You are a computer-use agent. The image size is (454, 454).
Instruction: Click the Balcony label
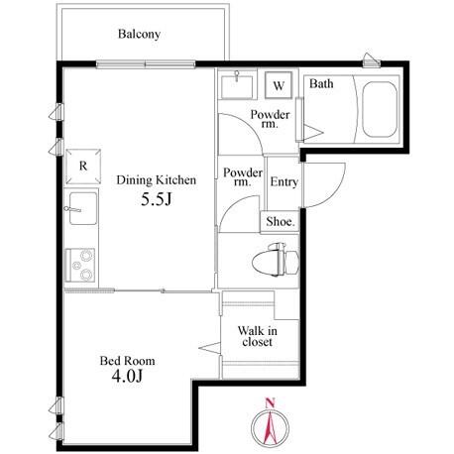click(x=139, y=34)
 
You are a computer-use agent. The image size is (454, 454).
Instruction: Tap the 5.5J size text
click(x=157, y=199)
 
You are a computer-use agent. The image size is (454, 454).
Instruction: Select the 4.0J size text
click(x=127, y=376)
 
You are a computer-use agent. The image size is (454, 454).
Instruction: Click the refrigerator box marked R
click(x=83, y=167)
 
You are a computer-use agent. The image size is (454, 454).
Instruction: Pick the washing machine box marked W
click(x=279, y=85)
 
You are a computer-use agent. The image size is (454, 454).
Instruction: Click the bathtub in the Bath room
click(x=380, y=109)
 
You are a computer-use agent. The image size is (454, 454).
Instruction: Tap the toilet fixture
click(x=276, y=260)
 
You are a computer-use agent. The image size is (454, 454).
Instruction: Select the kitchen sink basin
click(x=83, y=208)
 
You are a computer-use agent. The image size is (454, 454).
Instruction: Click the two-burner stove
click(x=80, y=265)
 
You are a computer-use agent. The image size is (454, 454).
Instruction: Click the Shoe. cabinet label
click(x=281, y=222)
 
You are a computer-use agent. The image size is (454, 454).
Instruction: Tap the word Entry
click(x=284, y=182)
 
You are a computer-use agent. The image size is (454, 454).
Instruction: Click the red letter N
click(x=271, y=402)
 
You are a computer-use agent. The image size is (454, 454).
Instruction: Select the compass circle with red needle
click(x=270, y=428)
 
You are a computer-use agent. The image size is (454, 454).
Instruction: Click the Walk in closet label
click(x=257, y=336)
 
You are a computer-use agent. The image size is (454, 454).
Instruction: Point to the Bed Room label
click(x=127, y=361)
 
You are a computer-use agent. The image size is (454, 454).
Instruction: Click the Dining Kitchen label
click(x=157, y=180)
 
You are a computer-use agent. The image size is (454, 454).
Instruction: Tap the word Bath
click(x=321, y=83)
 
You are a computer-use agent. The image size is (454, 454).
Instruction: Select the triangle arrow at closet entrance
click(x=209, y=348)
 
